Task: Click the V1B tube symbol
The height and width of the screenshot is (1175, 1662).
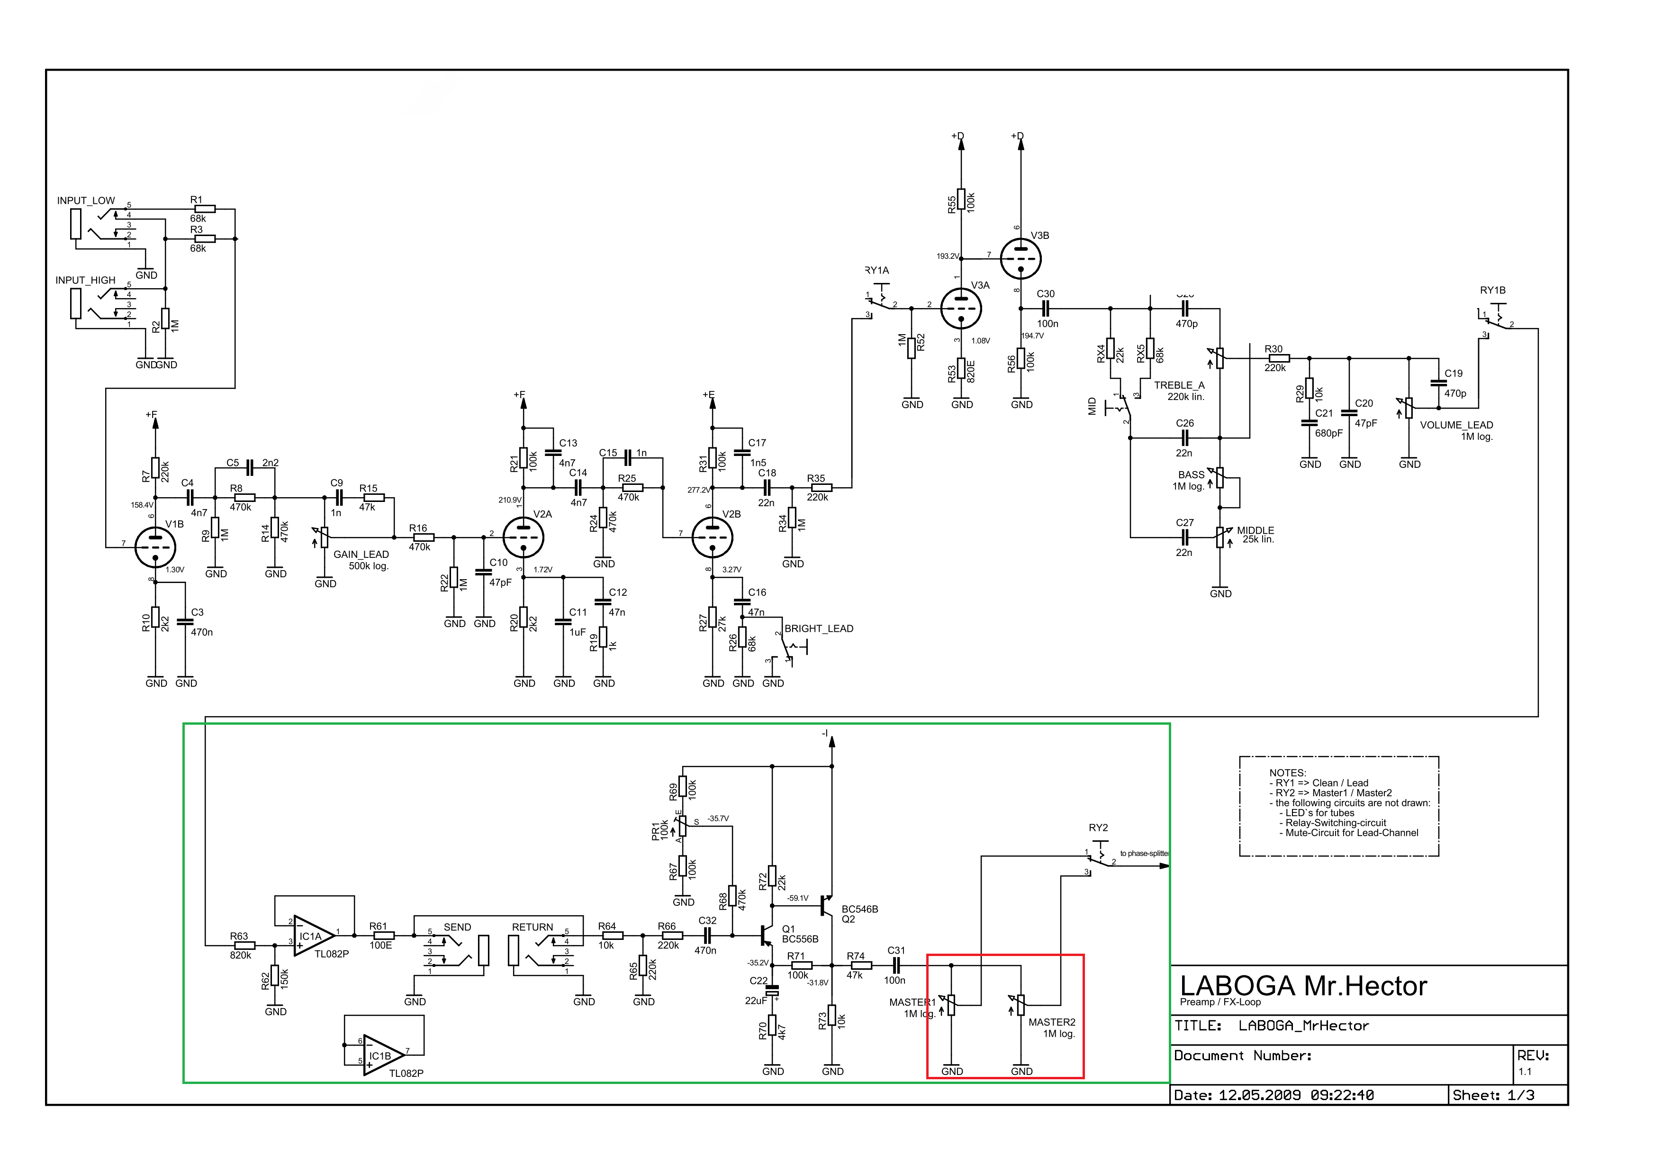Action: point(155,547)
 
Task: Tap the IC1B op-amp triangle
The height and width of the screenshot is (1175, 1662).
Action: point(381,1056)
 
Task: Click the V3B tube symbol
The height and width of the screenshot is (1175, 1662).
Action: point(1021,258)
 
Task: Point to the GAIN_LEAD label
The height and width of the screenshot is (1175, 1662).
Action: point(361,555)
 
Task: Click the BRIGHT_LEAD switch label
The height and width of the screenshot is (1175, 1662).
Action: point(819,628)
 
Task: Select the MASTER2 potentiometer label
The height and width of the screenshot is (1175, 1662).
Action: point(1052,1022)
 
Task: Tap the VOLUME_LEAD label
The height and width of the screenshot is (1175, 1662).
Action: point(1456,425)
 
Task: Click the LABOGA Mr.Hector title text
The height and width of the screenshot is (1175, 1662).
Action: point(1303,986)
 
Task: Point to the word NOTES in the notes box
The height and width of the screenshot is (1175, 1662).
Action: point(1288,773)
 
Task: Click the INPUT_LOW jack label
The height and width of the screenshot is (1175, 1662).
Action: point(86,200)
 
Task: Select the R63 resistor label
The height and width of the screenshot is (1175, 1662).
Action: point(239,936)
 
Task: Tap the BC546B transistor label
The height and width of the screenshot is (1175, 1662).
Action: point(860,909)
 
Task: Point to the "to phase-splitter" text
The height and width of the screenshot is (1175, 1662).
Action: point(1145,854)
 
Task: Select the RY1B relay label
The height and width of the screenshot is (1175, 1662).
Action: point(1492,290)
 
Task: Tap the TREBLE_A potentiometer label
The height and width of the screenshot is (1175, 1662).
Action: point(1179,385)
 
